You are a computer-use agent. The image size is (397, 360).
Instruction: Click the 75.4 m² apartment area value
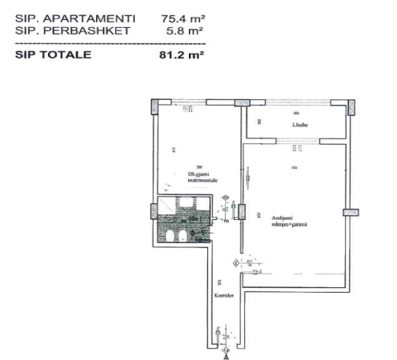click(x=182, y=18)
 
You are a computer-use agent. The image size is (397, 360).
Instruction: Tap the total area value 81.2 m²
click(x=182, y=55)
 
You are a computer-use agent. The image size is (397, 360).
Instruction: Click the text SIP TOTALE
click(x=53, y=55)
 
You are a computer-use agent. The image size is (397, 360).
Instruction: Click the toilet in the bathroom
click(x=180, y=236)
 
